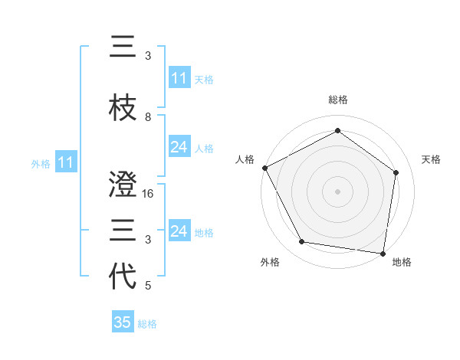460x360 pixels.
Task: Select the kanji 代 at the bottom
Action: point(123,276)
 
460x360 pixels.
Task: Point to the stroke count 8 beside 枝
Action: point(148,117)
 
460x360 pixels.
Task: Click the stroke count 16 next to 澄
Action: point(149,195)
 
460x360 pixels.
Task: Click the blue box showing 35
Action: point(123,322)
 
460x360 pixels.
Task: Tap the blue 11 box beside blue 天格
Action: point(179,79)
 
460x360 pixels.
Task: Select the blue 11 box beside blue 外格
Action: point(65,162)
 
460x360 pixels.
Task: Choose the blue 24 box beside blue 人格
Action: point(179,147)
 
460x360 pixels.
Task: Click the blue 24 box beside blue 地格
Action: point(179,231)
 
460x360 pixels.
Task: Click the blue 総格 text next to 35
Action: point(147,323)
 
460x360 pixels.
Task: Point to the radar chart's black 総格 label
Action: point(337,100)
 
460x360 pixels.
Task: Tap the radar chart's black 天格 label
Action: point(431,159)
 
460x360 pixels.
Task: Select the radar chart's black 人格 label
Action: point(245,159)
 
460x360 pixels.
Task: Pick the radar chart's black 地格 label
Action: point(402,262)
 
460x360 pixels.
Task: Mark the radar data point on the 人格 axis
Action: point(264,168)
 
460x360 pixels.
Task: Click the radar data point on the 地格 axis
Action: point(383,253)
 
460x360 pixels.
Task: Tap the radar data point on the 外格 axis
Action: point(302,242)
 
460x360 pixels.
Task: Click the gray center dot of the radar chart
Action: point(337,191)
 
